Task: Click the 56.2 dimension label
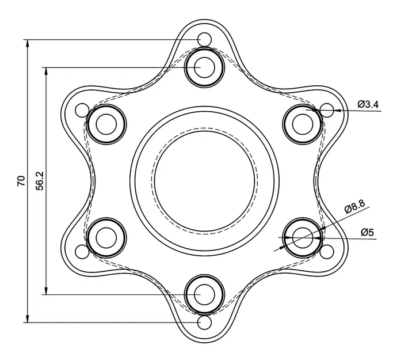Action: coord(39,180)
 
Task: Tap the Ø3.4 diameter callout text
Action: coord(368,104)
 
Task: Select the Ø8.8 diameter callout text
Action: coord(354,207)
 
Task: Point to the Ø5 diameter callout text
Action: coord(368,232)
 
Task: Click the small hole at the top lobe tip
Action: coord(204,39)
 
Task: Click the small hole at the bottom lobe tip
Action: coord(204,321)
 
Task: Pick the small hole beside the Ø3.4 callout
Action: coord(326,109)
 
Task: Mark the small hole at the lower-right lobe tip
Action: coord(326,251)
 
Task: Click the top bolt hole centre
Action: coord(204,67)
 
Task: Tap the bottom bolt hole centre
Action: coord(204,294)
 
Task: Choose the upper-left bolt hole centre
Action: coord(106,123)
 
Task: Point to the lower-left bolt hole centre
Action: coord(106,237)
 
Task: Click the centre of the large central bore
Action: coord(204,180)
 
